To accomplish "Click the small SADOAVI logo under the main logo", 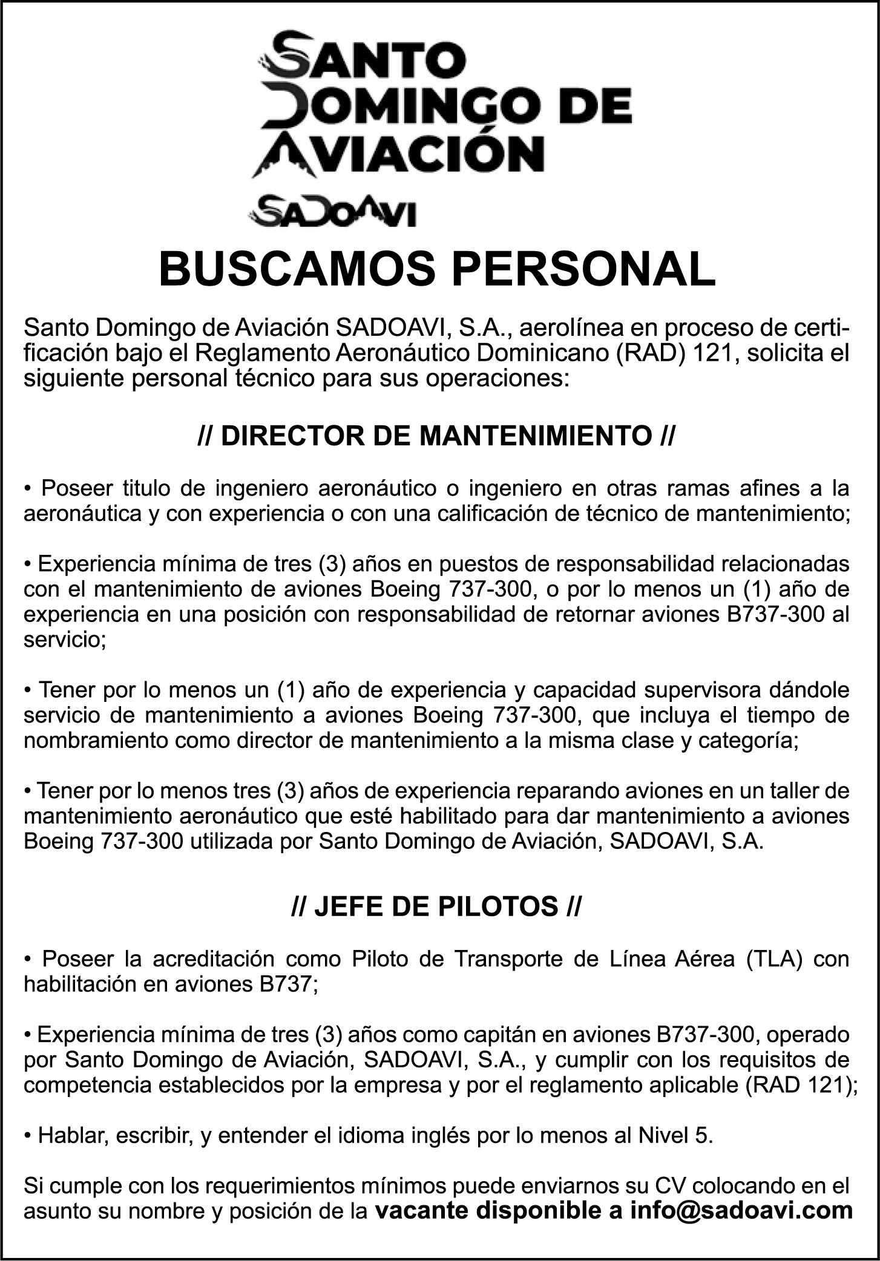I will point(332,211).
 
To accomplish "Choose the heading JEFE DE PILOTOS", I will point(437,907).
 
